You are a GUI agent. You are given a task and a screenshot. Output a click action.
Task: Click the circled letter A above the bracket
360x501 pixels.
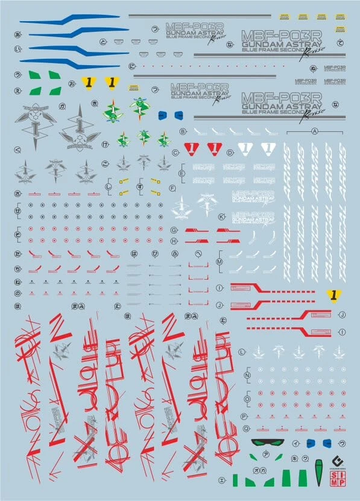tap(314, 131)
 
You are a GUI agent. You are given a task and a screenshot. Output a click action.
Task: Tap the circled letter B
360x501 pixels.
tap(183, 131)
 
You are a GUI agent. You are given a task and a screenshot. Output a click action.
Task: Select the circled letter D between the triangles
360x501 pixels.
tap(230, 153)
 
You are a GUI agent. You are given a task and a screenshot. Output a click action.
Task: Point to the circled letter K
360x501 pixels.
tap(221, 216)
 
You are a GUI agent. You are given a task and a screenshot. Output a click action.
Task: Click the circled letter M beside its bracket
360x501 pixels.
tap(219, 262)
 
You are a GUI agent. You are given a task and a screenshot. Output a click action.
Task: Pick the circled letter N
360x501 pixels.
tap(246, 376)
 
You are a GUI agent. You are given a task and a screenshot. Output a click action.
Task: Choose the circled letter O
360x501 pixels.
tap(246, 399)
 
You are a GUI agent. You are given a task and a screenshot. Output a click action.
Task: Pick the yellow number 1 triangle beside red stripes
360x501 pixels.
tap(330, 295)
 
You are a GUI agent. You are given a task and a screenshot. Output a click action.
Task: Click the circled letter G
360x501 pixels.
tap(174, 230)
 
